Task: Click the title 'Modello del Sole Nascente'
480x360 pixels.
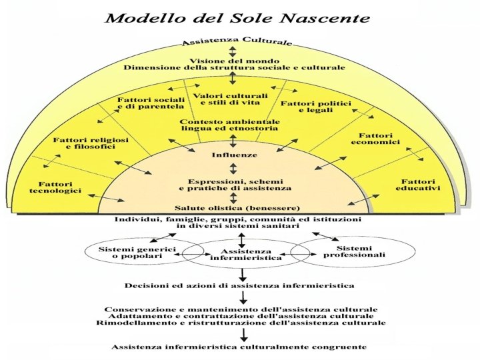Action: (x=239, y=17)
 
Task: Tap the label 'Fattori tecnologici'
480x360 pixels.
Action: (x=59, y=187)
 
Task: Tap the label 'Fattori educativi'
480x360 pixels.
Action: (x=418, y=185)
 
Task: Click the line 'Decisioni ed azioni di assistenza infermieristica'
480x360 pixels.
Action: (x=239, y=285)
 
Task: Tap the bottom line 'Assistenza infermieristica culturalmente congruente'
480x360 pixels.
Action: (x=239, y=347)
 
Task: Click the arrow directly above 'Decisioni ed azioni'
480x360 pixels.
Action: (x=242, y=273)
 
